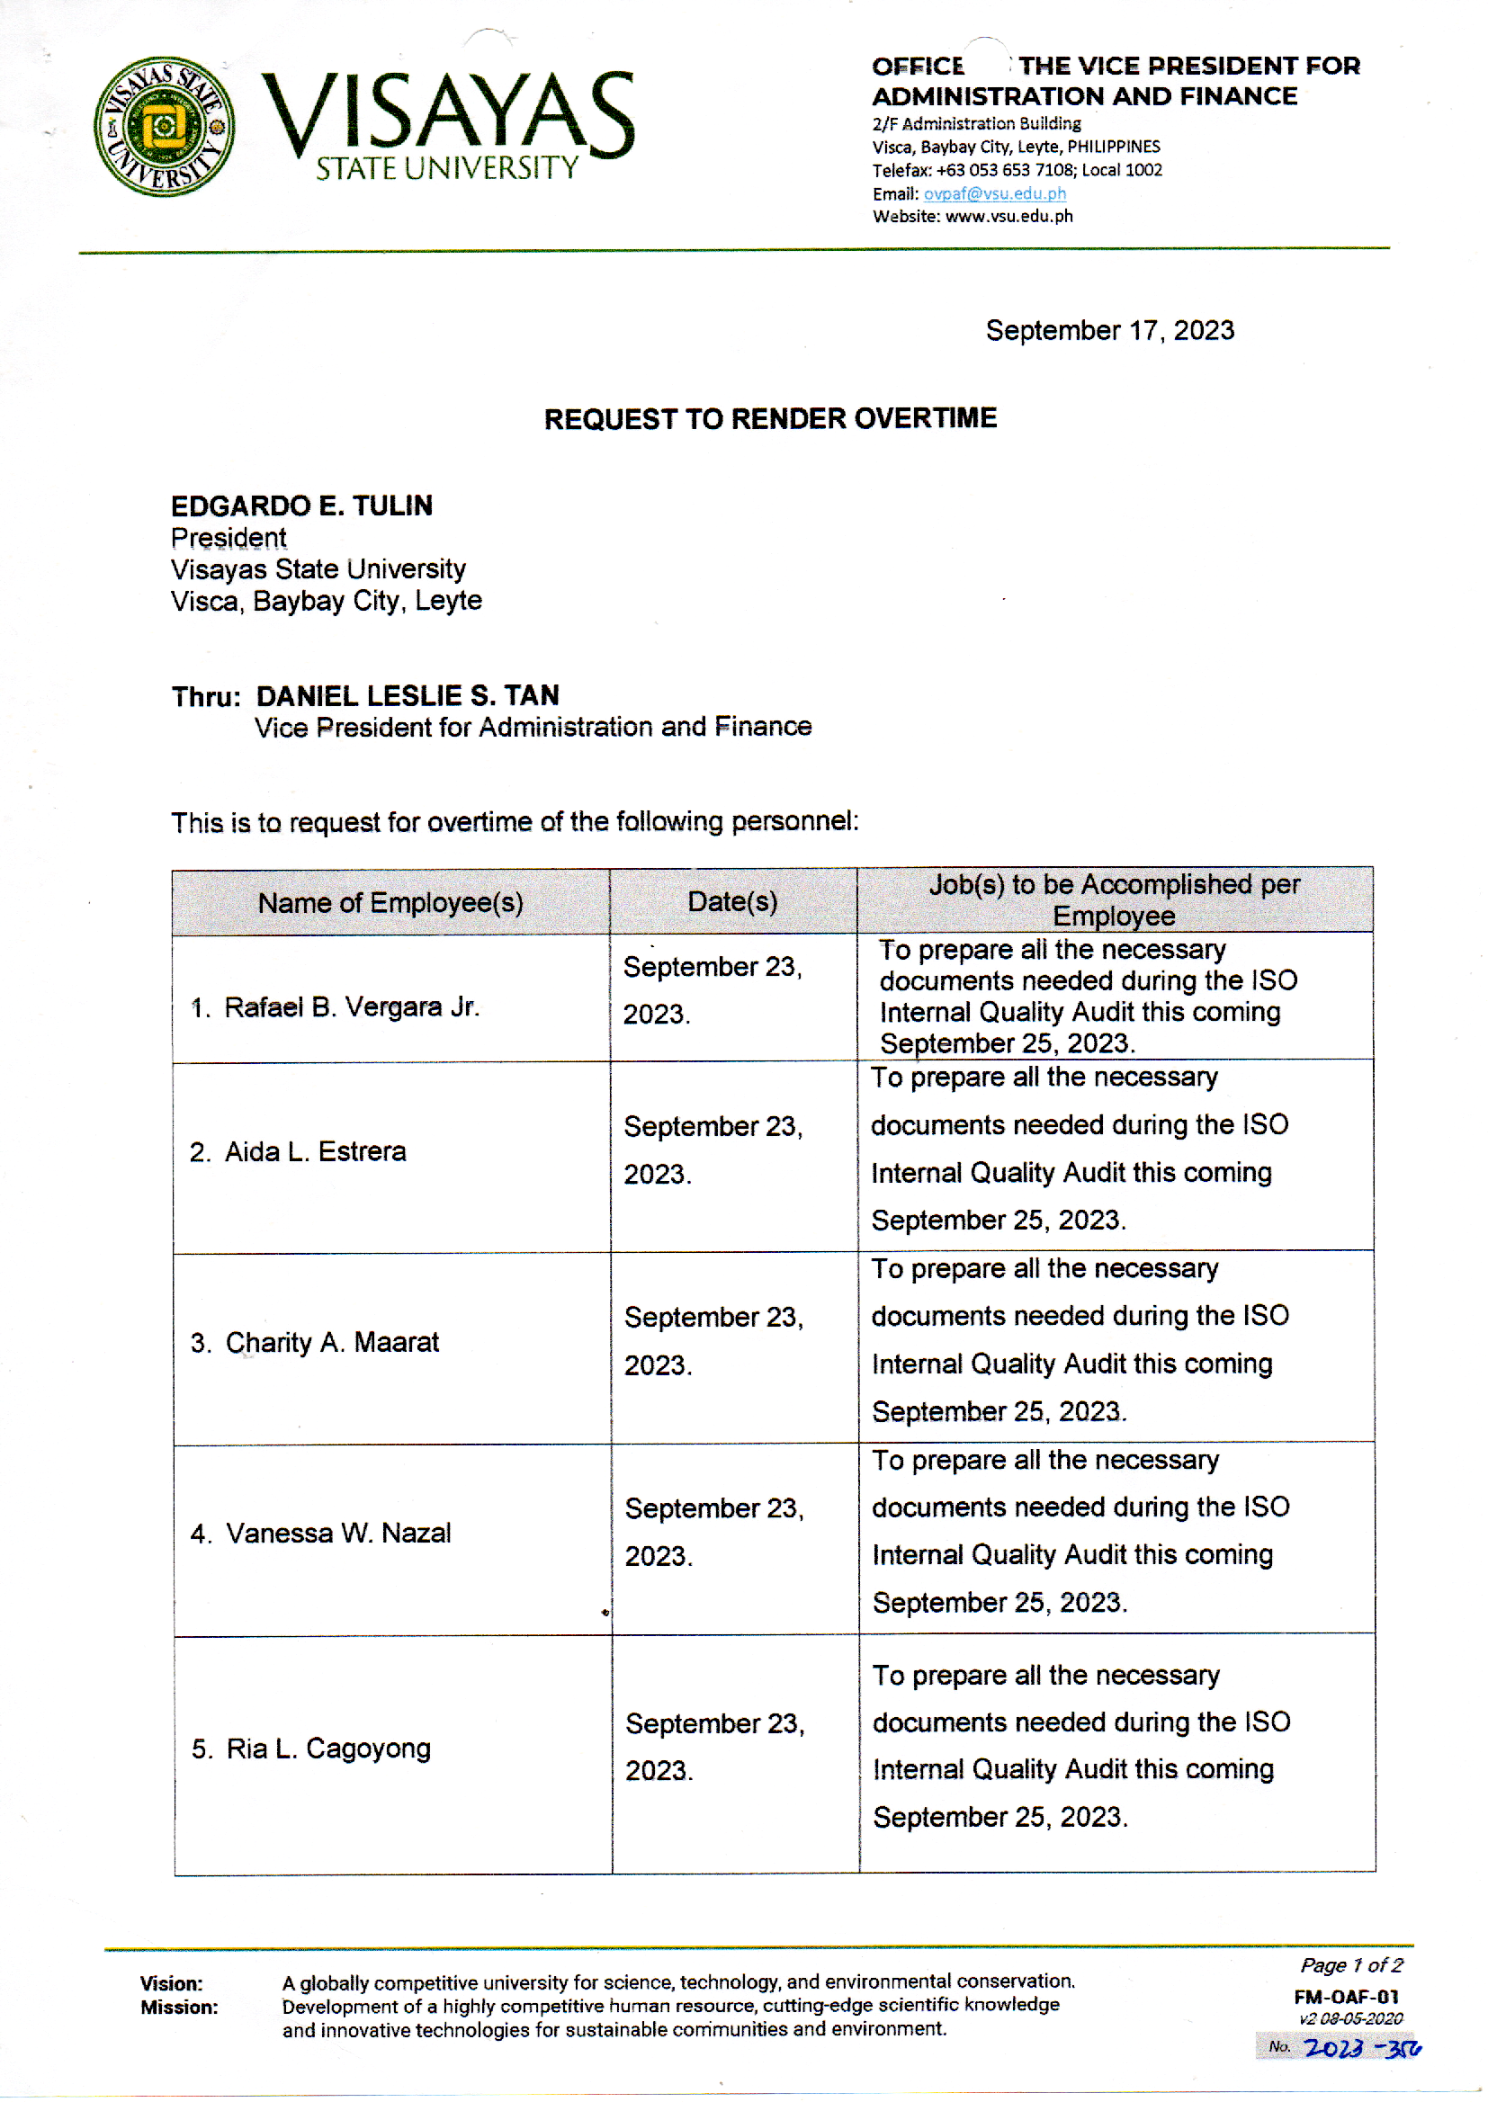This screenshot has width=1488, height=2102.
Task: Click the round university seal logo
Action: [x=164, y=127]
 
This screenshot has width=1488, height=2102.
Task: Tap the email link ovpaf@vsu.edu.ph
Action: [x=994, y=193]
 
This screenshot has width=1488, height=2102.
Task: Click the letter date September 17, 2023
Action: [x=1109, y=331]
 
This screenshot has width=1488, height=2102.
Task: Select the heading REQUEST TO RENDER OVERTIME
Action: [x=770, y=418]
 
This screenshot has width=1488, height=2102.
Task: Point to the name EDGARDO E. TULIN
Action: [x=301, y=505]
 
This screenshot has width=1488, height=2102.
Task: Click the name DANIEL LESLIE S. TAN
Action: [x=408, y=696]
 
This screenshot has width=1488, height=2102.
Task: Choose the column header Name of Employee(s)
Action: [x=390, y=903]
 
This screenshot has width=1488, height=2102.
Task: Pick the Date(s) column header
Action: [x=732, y=902]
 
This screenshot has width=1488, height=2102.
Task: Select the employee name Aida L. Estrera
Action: [x=315, y=1151]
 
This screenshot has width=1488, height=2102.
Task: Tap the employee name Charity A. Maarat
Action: [x=332, y=1343]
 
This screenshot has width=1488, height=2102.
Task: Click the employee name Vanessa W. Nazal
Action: [x=338, y=1534]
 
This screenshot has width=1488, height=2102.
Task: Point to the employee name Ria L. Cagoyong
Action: [x=328, y=1749]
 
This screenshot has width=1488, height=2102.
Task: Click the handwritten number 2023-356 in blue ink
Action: [x=1360, y=2048]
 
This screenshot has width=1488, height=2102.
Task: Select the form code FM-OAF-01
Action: [x=1346, y=1997]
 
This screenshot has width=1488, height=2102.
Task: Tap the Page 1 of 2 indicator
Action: [x=1350, y=1965]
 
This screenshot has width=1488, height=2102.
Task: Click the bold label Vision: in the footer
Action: [x=171, y=1984]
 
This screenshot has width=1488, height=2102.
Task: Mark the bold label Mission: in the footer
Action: [x=179, y=2008]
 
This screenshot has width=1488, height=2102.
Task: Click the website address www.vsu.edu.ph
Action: [x=1008, y=216]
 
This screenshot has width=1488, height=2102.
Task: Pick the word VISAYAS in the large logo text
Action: [x=448, y=112]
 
